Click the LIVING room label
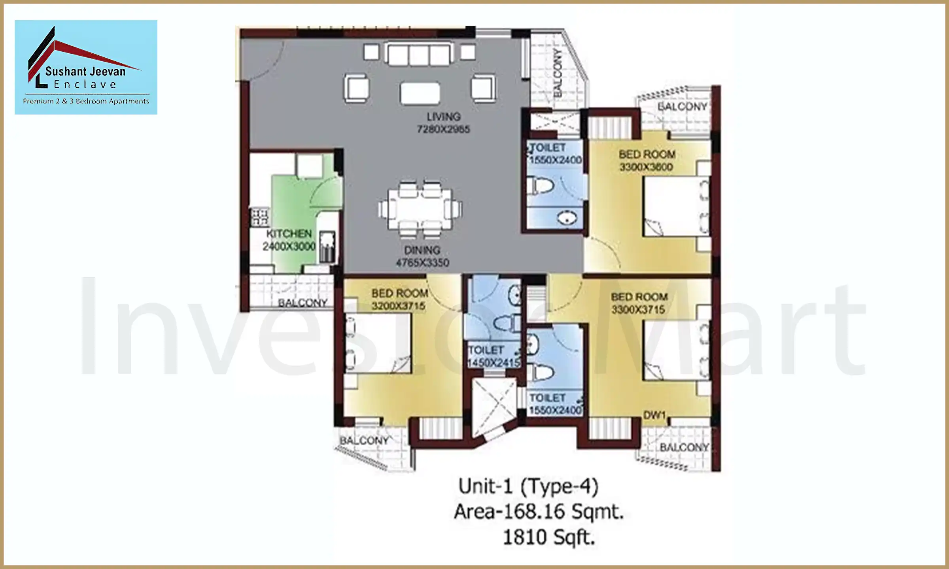[x=443, y=117]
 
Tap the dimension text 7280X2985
[x=443, y=130]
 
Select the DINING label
[x=422, y=250]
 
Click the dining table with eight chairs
[x=420, y=209]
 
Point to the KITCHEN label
[x=289, y=234]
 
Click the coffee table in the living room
[x=420, y=93]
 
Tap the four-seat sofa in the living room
[x=419, y=54]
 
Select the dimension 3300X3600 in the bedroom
[x=646, y=167]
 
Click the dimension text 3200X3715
[x=398, y=306]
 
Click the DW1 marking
[x=654, y=415]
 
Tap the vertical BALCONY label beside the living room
[x=558, y=73]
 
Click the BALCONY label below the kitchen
[x=302, y=303]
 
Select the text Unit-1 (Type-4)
[x=528, y=486]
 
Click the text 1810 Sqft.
[x=548, y=537]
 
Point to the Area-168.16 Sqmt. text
[x=539, y=512]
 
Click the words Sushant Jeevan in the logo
[x=85, y=72]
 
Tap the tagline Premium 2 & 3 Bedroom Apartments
[x=86, y=101]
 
